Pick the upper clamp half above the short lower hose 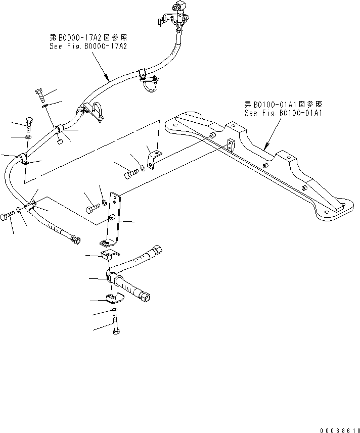point(108,257)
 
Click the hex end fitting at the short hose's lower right point(147,296)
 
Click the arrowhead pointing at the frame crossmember point(266,148)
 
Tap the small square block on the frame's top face point(231,145)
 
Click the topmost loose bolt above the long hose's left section point(40,95)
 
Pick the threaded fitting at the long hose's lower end point(75,239)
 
